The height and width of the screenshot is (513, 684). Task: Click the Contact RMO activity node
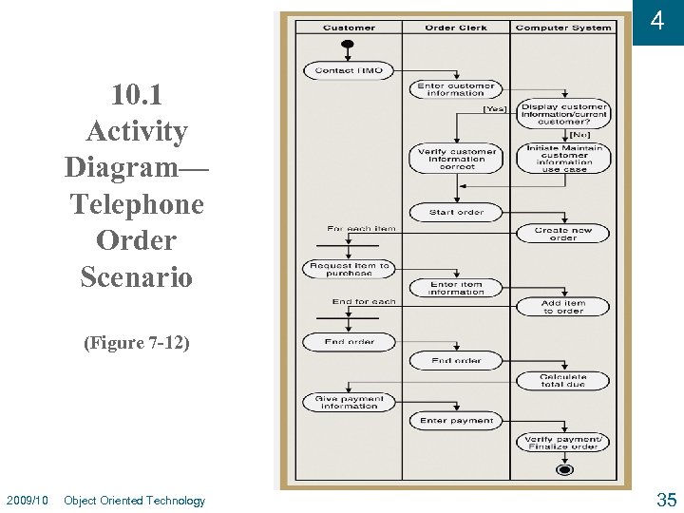[x=348, y=70]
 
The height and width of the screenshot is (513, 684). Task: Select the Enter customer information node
[x=456, y=89]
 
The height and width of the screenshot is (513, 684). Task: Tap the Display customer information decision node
[x=563, y=114]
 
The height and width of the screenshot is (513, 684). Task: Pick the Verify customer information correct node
[x=456, y=159]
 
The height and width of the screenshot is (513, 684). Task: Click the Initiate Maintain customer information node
[x=563, y=159]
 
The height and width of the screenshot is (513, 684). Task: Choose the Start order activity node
[x=456, y=212]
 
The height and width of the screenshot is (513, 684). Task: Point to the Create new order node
[x=563, y=234]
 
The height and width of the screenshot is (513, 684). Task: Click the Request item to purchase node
[x=348, y=269]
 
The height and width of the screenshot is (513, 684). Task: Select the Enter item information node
[x=456, y=288]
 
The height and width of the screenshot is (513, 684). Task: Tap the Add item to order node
[x=563, y=307]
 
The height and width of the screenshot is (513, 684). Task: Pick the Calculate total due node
[x=563, y=381]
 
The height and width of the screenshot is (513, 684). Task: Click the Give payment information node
[x=348, y=402]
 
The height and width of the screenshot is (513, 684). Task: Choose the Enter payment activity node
[x=456, y=420]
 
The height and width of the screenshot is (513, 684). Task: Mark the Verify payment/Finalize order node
[x=563, y=442]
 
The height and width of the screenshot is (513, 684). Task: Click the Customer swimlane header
[x=349, y=28]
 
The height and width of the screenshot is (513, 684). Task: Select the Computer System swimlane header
[x=563, y=28]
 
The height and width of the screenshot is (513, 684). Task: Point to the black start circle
[x=348, y=46]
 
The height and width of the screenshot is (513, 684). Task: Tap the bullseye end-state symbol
[x=564, y=469]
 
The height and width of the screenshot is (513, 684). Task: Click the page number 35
[x=666, y=500]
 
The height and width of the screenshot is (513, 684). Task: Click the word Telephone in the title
[x=137, y=204]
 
